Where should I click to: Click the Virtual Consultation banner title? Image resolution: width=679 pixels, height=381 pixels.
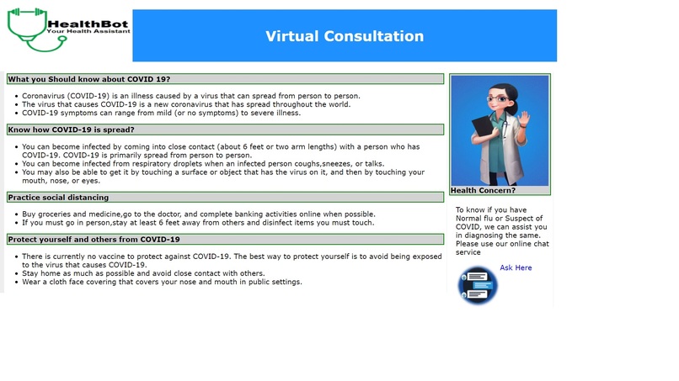[345, 36]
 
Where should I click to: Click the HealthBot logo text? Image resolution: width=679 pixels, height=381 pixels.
[89, 25]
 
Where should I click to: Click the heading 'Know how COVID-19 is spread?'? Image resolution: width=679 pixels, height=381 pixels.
[71, 130]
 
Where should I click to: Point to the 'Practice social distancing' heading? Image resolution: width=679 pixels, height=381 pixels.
[58, 197]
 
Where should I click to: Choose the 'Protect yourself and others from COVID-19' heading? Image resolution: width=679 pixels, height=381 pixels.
[94, 239]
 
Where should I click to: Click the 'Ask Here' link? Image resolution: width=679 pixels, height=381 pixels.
[516, 267]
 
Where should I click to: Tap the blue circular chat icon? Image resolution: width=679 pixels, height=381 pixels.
[478, 284]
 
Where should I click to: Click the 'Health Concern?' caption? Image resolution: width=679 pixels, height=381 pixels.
[484, 190]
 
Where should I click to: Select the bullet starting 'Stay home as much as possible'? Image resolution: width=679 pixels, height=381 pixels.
[143, 273]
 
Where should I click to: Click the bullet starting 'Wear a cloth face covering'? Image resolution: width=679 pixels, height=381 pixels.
[162, 282]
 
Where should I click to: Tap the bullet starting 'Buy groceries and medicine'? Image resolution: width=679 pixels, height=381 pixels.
[198, 214]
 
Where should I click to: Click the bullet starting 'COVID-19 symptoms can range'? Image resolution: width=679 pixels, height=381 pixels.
[160, 112]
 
